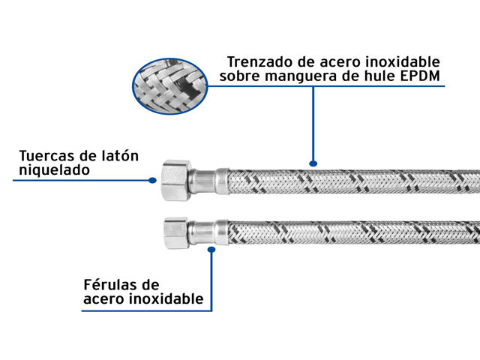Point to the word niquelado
(54, 170)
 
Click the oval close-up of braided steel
(170, 86)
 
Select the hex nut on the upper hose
(176, 180)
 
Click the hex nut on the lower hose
(176, 233)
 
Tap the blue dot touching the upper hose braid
(313, 163)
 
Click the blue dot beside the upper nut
(152, 180)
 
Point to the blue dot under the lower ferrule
(211, 250)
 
